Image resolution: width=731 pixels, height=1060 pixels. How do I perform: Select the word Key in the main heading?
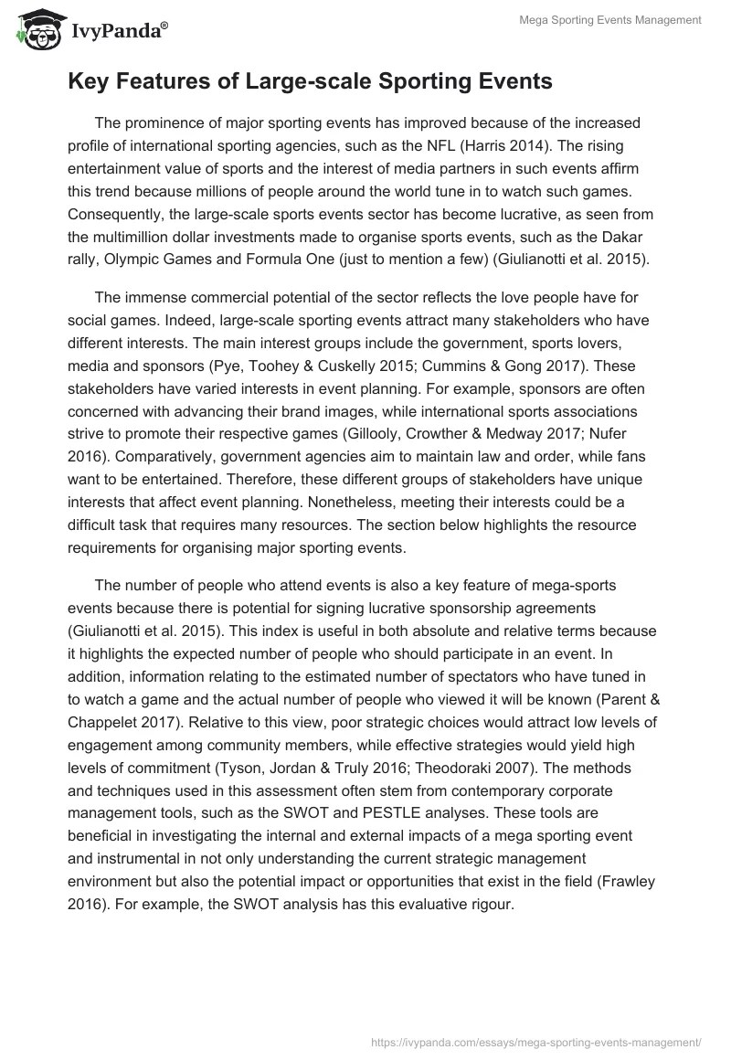tap(89, 81)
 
